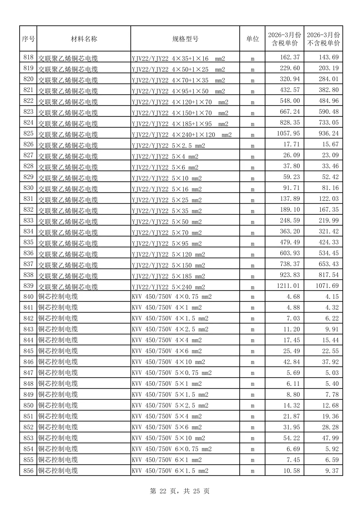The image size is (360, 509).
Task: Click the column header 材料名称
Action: pyautogui.click(x=84, y=39)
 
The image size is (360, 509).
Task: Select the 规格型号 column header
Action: pyautogui.click(x=185, y=39)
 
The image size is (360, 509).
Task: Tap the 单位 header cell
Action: pyautogui.click(x=252, y=39)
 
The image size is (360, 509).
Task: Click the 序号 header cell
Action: pyautogui.click(x=28, y=39)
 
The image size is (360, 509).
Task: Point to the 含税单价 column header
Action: pyautogui.click(x=284, y=39)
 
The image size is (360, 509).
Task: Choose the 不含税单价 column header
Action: pyautogui.click(x=323, y=39)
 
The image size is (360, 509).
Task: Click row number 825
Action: pyautogui.click(x=28, y=133)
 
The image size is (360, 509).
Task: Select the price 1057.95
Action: pyautogui.click(x=288, y=133)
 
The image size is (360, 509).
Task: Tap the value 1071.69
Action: pyautogui.click(x=327, y=286)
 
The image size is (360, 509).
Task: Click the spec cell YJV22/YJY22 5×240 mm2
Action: pyautogui.click(x=168, y=287)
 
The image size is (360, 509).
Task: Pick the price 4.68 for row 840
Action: pyautogui.click(x=293, y=297)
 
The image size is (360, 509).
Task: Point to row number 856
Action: pyautogui.click(x=28, y=471)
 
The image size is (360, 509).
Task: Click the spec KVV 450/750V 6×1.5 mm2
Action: pyautogui.click(x=170, y=471)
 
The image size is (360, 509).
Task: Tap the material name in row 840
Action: pyautogui.click(x=58, y=297)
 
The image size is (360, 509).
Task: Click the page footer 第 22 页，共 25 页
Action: pyautogui.click(x=180, y=491)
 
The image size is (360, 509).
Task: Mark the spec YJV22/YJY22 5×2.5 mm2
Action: pyautogui.click(x=168, y=146)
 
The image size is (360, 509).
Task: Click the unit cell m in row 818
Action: pyautogui.click(x=252, y=59)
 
